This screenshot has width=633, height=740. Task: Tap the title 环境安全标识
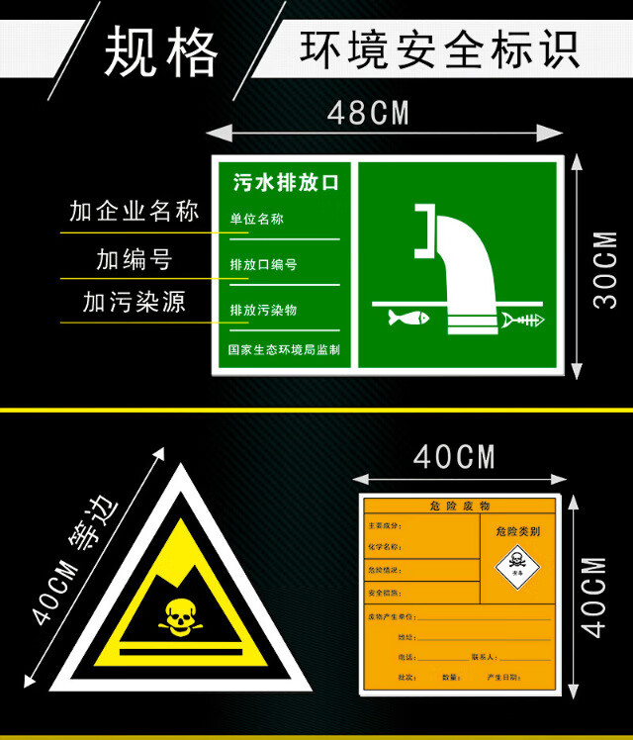439,49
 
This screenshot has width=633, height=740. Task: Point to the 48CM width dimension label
368,113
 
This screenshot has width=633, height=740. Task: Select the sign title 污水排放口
286,182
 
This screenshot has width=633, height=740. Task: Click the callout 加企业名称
135,211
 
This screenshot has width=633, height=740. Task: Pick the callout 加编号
135,259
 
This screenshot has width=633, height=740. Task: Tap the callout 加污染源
135,302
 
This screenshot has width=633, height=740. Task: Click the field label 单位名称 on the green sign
257,219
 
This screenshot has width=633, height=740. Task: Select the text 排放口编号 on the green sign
263,264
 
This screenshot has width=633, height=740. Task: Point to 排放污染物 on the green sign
263,310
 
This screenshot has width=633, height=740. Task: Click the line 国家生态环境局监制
284,349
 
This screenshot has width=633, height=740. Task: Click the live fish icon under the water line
407,318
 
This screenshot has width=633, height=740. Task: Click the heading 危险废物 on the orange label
460,506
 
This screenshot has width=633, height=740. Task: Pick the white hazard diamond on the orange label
516,566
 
